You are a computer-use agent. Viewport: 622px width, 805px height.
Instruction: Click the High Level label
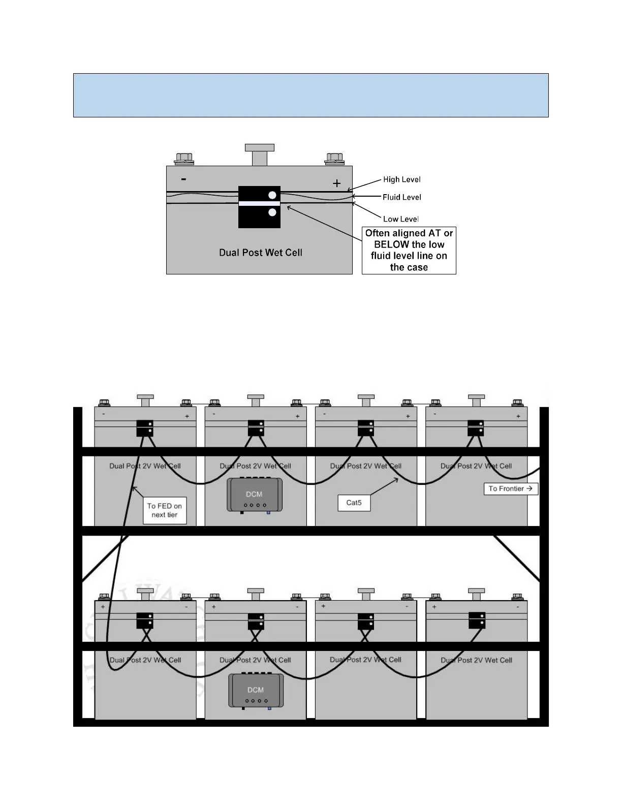(401, 179)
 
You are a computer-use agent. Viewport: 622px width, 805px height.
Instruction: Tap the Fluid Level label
(401, 197)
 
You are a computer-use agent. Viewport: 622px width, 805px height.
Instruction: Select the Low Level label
(400, 219)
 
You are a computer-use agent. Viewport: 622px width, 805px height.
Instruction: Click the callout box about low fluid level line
(409, 251)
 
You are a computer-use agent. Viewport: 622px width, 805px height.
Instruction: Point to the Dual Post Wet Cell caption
(260, 253)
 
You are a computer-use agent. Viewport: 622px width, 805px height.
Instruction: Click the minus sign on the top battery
(183, 179)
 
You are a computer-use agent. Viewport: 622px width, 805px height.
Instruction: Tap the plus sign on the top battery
(336, 183)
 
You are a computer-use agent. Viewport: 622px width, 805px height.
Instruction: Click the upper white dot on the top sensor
(272, 195)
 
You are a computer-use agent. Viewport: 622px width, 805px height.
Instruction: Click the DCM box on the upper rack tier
(254, 494)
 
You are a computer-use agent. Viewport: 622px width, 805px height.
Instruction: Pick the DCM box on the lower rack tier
(256, 690)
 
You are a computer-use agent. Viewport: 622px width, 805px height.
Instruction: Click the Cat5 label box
(354, 503)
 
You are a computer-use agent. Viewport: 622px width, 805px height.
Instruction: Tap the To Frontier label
(510, 489)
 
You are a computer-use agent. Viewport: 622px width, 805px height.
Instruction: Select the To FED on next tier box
(164, 510)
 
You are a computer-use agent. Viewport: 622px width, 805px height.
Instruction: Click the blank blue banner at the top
(310, 96)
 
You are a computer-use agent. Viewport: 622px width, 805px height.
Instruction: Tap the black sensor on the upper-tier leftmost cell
(145, 428)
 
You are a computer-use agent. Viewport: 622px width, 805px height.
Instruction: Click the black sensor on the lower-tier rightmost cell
(477, 621)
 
